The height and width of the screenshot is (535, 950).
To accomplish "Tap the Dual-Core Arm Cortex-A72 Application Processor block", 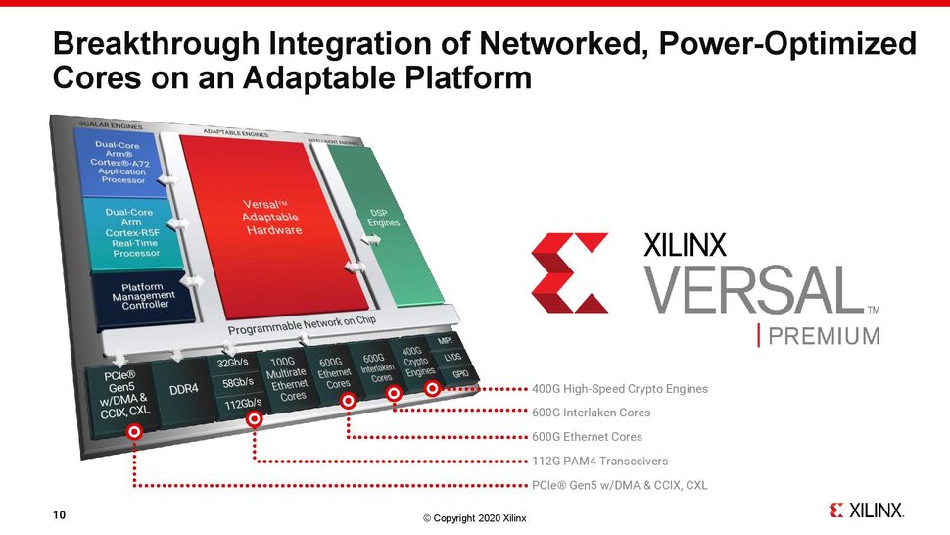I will tap(122, 163).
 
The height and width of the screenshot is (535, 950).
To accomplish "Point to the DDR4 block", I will tap(183, 389).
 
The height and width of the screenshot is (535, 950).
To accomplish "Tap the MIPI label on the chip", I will tap(444, 342).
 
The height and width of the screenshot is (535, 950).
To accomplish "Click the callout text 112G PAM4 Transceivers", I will tap(600, 461).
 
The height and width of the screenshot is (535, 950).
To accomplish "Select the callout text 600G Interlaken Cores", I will tap(592, 413).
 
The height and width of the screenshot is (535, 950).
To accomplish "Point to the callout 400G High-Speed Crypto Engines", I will tap(620, 389).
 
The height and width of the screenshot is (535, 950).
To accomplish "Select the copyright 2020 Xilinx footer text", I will tap(474, 518).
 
